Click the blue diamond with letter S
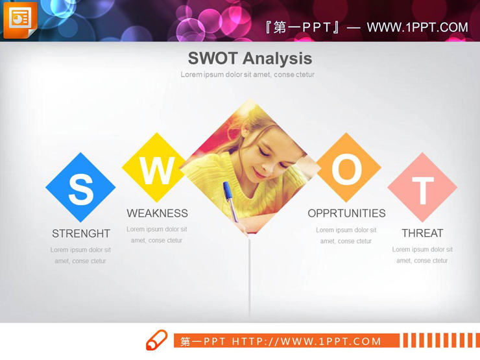click(x=80, y=188)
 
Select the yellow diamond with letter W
click(x=156, y=169)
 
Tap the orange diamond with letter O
click(x=347, y=169)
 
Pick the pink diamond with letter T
click(x=422, y=188)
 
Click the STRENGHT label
click(x=81, y=234)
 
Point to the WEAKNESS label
click(x=157, y=213)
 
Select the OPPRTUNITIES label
click(x=346, y=213)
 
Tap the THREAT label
click(x=422, y=234)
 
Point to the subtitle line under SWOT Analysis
click(x=247, y=75)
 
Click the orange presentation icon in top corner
click(x=19, y=19)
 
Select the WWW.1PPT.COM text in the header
click(x=417, y=27)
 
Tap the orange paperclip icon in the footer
click(x=156, y=341)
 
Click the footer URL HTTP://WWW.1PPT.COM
click(x=307, y=341)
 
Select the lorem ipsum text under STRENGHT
click(x=80, y=256)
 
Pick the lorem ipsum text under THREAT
click(x=422, y=255)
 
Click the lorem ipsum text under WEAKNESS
click(x=156, y=235)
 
